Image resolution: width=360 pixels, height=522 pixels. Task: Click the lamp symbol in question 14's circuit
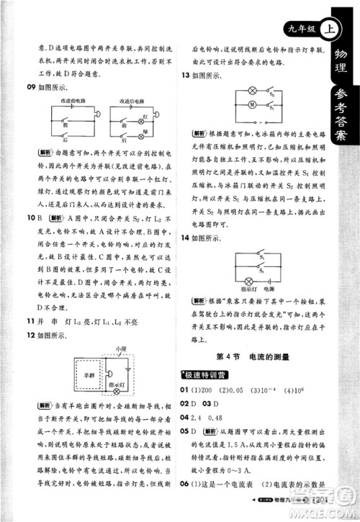click(x=243, y=273)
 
